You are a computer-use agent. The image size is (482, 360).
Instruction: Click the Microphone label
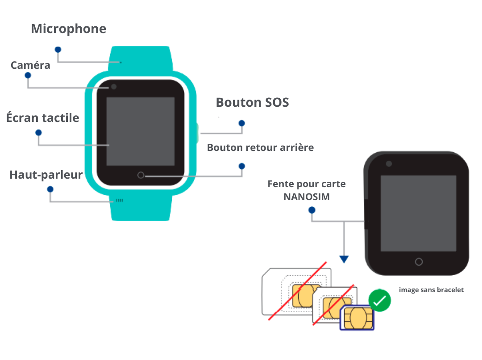click(68, 29)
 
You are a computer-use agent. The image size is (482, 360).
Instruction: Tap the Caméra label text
click(30, 65)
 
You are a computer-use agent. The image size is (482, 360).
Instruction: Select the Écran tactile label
click(43, 118)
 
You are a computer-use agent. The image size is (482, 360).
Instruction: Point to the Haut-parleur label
click(46, 175)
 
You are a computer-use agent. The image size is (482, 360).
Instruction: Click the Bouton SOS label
click(252, 102)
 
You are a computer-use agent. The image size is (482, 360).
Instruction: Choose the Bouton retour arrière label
click(260, 147)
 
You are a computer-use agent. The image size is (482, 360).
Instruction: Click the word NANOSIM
click(307, 197)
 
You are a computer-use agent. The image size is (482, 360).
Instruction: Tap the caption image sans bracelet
click(431, 290)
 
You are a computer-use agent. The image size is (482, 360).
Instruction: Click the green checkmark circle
click(379, 301)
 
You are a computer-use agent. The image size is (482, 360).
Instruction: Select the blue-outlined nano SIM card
click(357, 318)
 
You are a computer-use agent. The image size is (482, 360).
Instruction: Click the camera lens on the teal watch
click(114, 87)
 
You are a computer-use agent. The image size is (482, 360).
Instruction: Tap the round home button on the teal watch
click(141, 175)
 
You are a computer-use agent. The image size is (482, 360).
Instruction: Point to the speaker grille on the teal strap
click(119, 201)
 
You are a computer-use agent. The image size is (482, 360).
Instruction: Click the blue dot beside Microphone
click(58, 49)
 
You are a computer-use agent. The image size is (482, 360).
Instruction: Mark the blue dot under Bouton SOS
click(242, 123)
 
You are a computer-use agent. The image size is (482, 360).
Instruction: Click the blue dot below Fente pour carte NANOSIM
click(312, 209)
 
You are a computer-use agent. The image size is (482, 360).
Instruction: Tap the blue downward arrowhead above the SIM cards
click(344, 259)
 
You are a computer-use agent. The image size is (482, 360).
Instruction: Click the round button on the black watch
click(419, 262)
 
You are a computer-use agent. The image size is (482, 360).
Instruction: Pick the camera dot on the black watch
click(389, 164)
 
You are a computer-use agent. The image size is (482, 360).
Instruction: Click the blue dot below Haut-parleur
click(50, 189)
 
